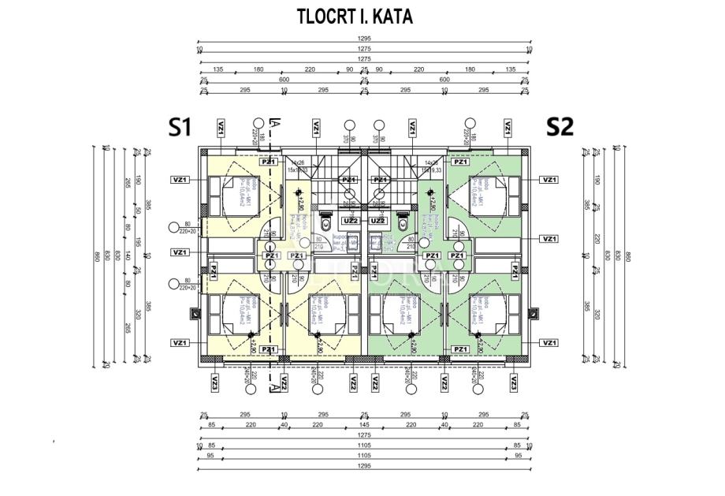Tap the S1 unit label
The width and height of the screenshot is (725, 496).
click(181, 126)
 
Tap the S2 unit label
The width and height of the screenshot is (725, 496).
click(560, 126)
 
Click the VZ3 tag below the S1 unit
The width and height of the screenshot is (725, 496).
click(214, 384)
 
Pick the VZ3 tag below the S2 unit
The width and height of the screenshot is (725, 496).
click(514, 384)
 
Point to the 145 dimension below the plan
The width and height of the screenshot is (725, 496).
click(364, 425)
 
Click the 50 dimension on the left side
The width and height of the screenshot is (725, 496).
click(127, 211)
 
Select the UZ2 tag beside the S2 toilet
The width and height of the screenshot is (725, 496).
click(378, 221)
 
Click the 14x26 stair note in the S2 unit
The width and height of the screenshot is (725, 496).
click(431, 162)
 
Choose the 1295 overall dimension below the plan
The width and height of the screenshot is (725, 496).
click(364, 465)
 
